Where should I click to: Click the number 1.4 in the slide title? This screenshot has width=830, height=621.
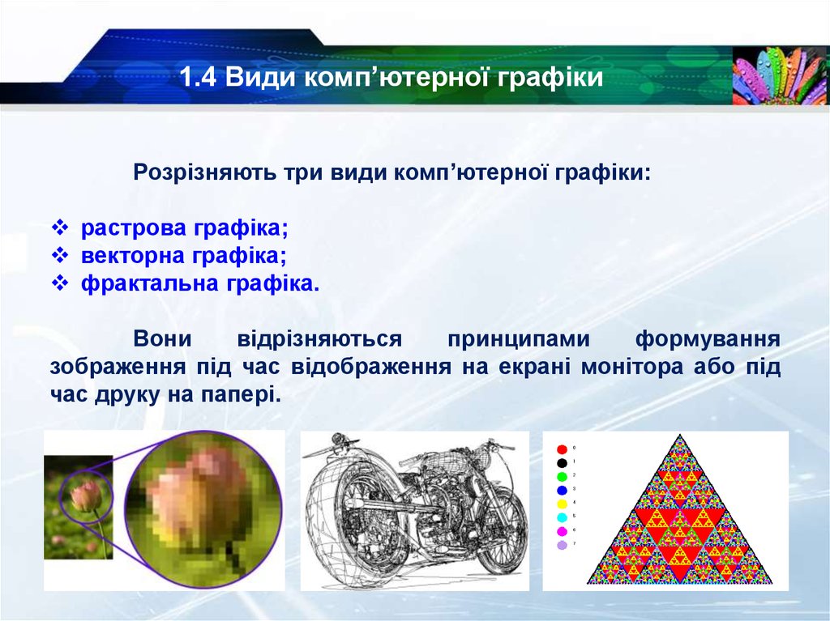pos(198,77)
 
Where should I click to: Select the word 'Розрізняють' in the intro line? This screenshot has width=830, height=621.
pos(204,172)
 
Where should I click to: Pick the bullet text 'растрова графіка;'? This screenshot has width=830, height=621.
pos(184,228)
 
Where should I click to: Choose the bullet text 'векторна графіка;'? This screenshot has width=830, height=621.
pos(184,256)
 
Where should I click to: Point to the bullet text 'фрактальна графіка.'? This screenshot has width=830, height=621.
pos(200,284)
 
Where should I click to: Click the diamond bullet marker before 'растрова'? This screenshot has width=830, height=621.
pos(60,228)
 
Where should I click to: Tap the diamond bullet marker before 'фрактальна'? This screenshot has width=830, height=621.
pos(60,284)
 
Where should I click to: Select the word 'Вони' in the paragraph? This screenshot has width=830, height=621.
pos(162,339)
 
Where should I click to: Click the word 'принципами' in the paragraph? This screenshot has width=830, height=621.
pos(519,339)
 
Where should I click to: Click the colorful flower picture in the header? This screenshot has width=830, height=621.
pos(781,75)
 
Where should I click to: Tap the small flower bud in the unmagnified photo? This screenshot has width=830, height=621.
pos(86,496)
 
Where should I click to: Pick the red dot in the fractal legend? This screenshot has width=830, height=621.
pos(563,449)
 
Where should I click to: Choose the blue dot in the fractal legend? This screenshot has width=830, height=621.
pos(563,491)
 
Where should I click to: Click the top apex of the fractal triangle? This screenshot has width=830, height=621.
pos(680,436)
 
